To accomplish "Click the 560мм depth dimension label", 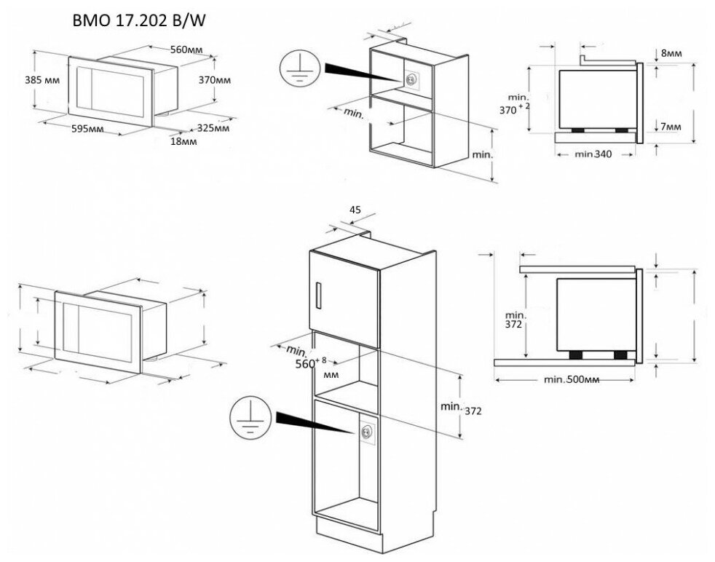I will tap(186, 50).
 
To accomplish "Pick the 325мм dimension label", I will tap(213, 128).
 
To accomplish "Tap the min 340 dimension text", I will tap(593, 154).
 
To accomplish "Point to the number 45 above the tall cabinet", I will tap(355, 210).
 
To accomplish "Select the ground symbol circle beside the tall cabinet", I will tap(246, 418).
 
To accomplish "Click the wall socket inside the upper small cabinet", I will tap(412, 79).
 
